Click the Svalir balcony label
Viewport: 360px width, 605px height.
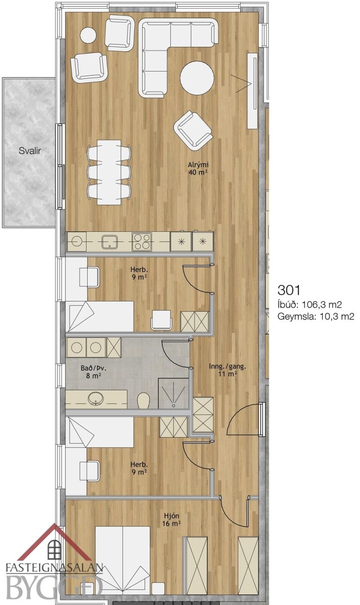[30, 151]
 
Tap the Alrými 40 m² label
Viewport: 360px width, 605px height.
[198, 168]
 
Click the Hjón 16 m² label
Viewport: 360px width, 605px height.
[171, 519]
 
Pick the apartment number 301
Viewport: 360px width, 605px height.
[289, 290]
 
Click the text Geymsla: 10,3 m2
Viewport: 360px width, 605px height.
[316, 317]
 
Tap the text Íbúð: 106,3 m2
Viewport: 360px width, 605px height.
[310, 305]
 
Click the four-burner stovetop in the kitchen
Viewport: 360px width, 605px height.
[142, 241]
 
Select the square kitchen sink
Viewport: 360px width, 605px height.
[109, 241]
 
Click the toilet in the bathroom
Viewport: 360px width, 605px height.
[143, 400]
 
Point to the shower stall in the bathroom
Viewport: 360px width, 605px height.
[173, 393]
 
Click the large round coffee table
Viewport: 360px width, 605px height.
[197, 78]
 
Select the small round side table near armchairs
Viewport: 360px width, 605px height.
[88, 35]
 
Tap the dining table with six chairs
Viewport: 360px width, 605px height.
[109, 172]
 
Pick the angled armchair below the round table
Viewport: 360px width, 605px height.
[193, 130]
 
